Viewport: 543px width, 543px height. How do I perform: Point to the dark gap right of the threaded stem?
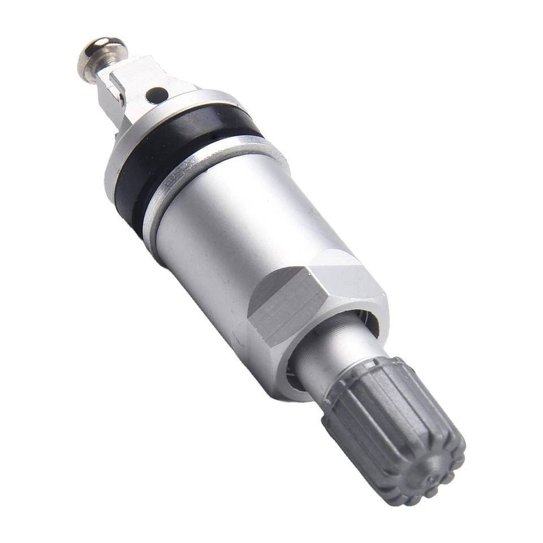370,328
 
